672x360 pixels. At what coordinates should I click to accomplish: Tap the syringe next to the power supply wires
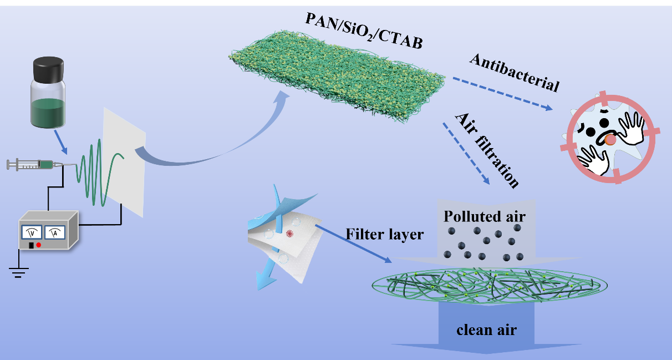click(x=33, y=164)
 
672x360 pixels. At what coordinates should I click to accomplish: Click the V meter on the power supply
click(x=33, y=232)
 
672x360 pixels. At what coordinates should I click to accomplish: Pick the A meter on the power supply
click(x=54, y=232)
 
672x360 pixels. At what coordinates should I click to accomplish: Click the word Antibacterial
click(x=513, y=72)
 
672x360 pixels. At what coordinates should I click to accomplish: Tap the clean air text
click(x=486, y=330)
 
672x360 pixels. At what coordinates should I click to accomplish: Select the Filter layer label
click(x=384, y=234)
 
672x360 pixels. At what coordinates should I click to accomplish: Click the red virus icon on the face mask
click(x=289, y=234)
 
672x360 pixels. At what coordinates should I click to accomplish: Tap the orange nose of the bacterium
click(x=610, y=141)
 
